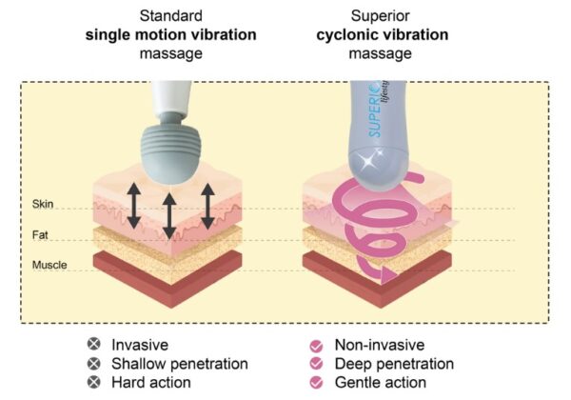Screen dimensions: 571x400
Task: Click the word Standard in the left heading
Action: (x=170, y=16)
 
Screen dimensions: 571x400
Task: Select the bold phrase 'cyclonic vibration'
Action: (x=382, y=35)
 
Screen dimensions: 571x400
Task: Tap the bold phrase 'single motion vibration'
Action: (x=170, y=35)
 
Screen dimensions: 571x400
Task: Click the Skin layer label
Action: (x=43, y=204)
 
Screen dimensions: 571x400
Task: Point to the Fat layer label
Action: (x=40, y=235)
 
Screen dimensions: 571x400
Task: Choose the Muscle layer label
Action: (x=49, y=265)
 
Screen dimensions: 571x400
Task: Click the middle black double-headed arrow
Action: (x=169, y=216)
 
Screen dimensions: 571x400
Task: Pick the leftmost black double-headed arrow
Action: (x=134, y=206)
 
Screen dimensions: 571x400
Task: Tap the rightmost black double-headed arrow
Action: (x=207, y=206)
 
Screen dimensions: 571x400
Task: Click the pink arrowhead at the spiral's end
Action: (x=387, y=274)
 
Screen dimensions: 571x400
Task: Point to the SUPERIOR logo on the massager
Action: (x=376, y=109)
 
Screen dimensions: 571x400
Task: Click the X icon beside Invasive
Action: (x=94, y=344)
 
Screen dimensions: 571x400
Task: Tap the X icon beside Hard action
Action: (x=94, y=382)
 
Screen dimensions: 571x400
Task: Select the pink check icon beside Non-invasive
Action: (x=316, y=346)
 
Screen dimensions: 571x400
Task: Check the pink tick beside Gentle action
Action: (x=316, y=383)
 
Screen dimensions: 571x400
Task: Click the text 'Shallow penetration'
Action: (x=180, y=364)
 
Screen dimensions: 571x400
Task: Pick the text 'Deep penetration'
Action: (x=394, y=364)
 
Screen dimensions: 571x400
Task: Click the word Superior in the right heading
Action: (x=380, y=16)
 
